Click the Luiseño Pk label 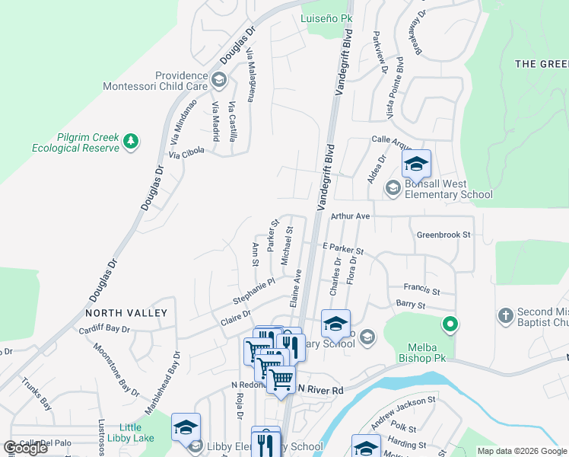pos(326,18)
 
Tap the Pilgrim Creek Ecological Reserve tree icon pos(131,141)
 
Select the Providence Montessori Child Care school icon pos(219,80)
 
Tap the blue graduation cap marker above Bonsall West pos(416,165)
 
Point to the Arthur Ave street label pos(350,216)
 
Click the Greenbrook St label pos(444,235)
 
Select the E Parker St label pos(343,249)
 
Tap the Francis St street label pos(422,290)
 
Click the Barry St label pos(410,305)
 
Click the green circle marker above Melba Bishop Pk pos(450,325)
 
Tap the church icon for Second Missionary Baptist pos(505,315)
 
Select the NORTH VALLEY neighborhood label pos(126,313)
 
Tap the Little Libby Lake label pos(137,433)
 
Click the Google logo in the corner pos(26,448)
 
